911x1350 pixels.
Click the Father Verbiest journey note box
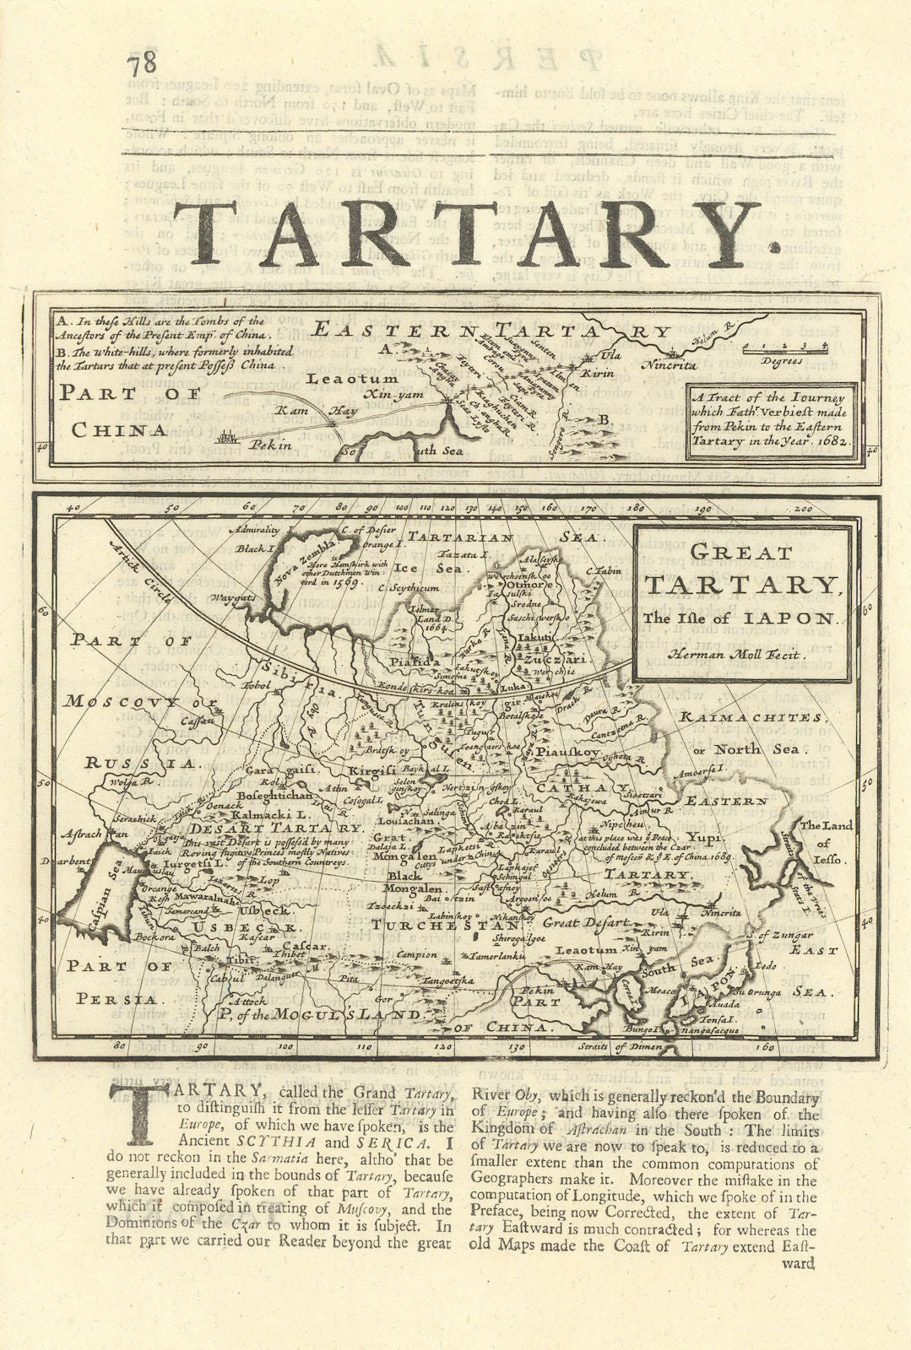(x=772, y=420)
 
